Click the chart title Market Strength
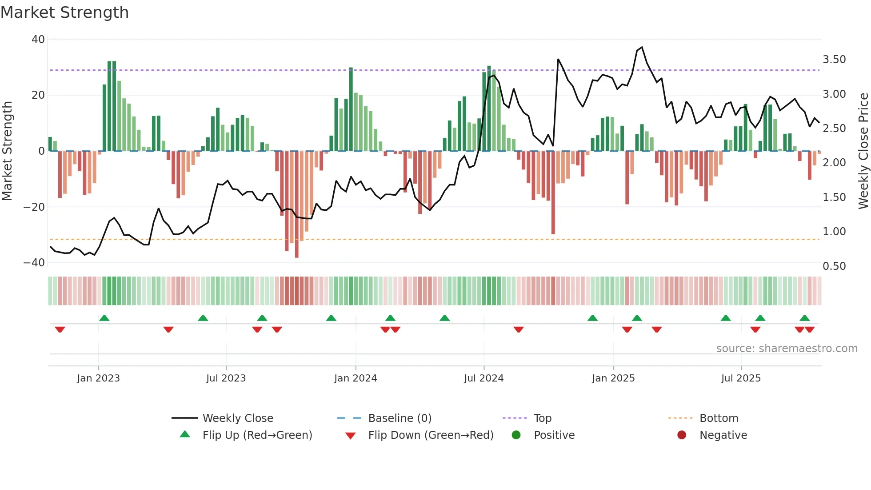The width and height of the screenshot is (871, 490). click(64, 12)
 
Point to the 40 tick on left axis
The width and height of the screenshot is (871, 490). click(38, 40)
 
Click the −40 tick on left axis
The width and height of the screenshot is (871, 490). click(34, 263)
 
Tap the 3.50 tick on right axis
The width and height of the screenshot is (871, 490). click(834, 60)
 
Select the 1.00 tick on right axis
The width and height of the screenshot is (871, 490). click(834, 232)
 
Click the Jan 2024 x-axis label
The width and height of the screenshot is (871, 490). click(356, 378)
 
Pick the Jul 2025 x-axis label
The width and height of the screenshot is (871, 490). click(741, 378)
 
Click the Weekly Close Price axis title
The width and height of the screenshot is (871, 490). click(863, 151)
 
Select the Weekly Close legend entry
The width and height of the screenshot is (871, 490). click(237, 418)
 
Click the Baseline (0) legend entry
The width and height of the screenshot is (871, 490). click(400, 418)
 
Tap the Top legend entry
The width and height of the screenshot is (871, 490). click(542, 418)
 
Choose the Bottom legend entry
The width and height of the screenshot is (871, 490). click(719, 418)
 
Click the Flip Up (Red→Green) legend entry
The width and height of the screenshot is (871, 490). click(257, 435)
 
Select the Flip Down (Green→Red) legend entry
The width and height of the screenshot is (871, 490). click(431, 435)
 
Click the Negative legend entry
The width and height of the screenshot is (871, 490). click(723, 435)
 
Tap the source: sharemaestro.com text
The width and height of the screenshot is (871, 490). click(787, 349)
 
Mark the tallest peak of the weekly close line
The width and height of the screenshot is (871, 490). click(642, 47)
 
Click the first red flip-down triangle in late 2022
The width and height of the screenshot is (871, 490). click(60, 329)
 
